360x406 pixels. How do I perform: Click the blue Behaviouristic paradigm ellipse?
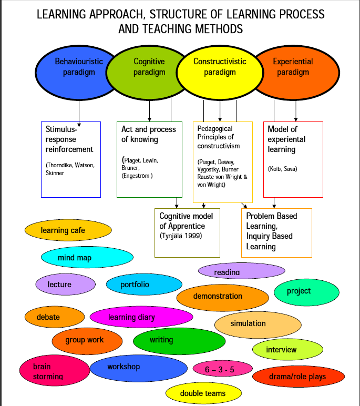click(75, 73)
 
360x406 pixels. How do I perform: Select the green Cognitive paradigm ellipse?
click(148, 73)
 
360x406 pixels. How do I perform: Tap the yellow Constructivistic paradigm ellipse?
click(220, 73)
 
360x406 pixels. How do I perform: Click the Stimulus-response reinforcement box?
click(71, 159)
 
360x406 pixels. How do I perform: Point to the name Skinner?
click(55, 173)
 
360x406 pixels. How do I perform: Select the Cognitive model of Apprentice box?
click(188, 233)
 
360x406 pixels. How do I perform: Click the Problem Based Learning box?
click(276, 233)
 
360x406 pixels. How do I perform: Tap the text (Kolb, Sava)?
click(282, 169)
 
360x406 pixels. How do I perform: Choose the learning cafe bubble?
click(68, 230)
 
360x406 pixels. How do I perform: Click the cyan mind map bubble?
click(87, 257)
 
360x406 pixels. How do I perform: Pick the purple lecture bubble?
click(66, 285)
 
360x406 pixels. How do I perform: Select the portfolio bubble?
click(144, 285)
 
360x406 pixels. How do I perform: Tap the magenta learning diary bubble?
click(141, 317)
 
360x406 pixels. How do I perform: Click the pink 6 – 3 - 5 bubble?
click(223, 369)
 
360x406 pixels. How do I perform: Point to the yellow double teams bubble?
click(204, 393)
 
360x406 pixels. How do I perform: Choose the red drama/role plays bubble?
click(299, 377)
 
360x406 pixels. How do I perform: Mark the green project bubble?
click(306, 292)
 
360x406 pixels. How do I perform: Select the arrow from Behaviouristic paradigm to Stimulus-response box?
click(79, 114)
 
